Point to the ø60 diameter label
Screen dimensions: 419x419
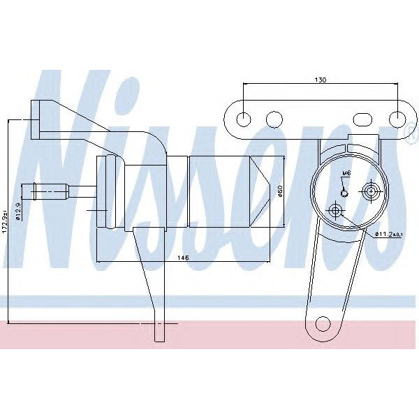tap(280, 191)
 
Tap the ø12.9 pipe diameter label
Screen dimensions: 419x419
tap(18, 209)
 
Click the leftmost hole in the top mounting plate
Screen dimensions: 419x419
tap(243, 119)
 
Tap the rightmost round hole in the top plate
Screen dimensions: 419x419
tap(398, 119)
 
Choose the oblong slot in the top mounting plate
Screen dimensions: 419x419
tap(364, 119)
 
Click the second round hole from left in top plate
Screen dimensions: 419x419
tap(274, 119)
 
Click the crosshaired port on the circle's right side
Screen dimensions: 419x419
tap(371, 190)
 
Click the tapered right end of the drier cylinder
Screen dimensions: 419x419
tap(267, 192)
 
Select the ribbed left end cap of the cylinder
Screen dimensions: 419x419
tap(106, 192)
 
